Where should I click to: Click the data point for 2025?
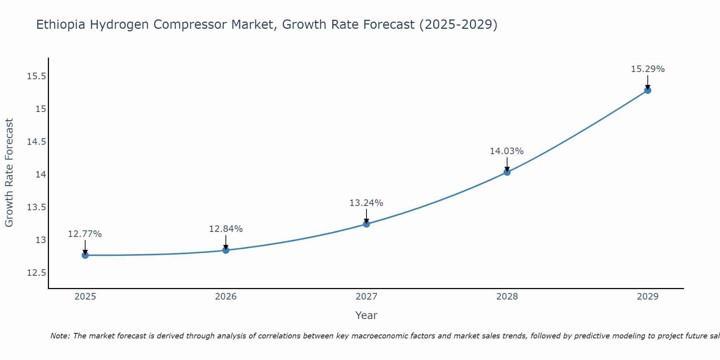click(x=85, y=255)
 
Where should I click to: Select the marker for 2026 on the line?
click(x=226, y=250)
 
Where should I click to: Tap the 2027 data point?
click(x=366, y=224)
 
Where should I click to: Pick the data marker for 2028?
click(x=507, y=172)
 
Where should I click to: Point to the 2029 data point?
click(x=648, y=90)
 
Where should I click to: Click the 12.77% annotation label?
click(x=85, y=234)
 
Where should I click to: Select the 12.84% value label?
click(x=226, y=229)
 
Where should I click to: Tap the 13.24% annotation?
click(x=366, y=203)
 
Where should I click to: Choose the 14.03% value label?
click(x=507, y=151)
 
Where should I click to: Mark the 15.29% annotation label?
click(x=648, y=69)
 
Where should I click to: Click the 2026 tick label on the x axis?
click(x=226, y=297)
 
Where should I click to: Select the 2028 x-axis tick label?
click(x=507, y=297)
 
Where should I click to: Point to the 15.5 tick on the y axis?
click(x=36, y=76)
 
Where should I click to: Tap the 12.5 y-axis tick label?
click(x=36, y=273)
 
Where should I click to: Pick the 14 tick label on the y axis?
click(x=41, y=175)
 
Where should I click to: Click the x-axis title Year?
click(x=366, y=315)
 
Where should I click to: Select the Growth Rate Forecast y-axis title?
click(x=9, y=173)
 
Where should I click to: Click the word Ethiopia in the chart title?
click(x=61, y=25)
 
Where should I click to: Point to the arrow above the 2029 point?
click(x=648, y=82)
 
